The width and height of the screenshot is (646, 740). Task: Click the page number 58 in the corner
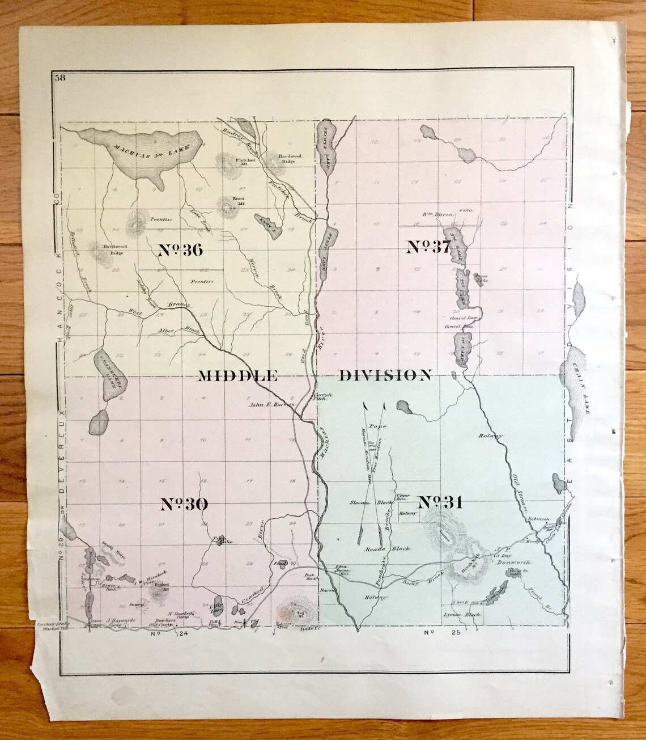pyautogui.click(x=59, y=79)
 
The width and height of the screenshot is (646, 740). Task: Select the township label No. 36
pyautogui.click(x=180, y=250)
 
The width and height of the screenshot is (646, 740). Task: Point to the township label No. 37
pyautogui.click(x=428, y=247)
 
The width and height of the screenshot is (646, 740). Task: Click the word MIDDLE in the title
pyautogui.click(x=237, y=375)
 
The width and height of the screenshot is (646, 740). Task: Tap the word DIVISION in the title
pyautogui.click(x=386, y=375)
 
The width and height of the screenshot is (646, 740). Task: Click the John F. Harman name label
pyautogui.click(x=272, y=405)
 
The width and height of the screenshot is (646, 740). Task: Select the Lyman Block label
pyautogui.click(x=464, y=615)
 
